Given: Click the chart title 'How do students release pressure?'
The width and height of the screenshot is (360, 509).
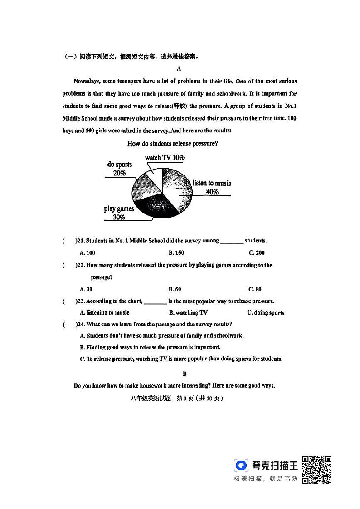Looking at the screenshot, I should [173, 144].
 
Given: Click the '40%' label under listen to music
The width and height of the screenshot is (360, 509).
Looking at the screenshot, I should [212, 192].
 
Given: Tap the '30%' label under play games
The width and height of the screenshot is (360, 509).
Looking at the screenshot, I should [119, 217].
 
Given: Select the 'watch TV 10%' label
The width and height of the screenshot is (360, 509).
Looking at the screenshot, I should [165, 157].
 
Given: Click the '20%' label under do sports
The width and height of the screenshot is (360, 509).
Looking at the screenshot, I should [119, 173].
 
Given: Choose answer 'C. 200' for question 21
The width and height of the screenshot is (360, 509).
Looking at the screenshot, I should [256, 253].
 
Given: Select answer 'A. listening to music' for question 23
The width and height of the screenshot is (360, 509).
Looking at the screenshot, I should [104, 313].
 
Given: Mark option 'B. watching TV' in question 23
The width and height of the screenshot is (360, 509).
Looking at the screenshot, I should [188, 313].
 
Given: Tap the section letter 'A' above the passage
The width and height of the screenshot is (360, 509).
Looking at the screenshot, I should [179, 69].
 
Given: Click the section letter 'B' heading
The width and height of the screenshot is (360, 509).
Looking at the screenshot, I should [185, 374].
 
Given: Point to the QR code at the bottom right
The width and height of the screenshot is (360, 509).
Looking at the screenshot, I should [316, 470].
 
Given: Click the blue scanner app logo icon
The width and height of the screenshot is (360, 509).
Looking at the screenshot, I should [241, 465].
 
